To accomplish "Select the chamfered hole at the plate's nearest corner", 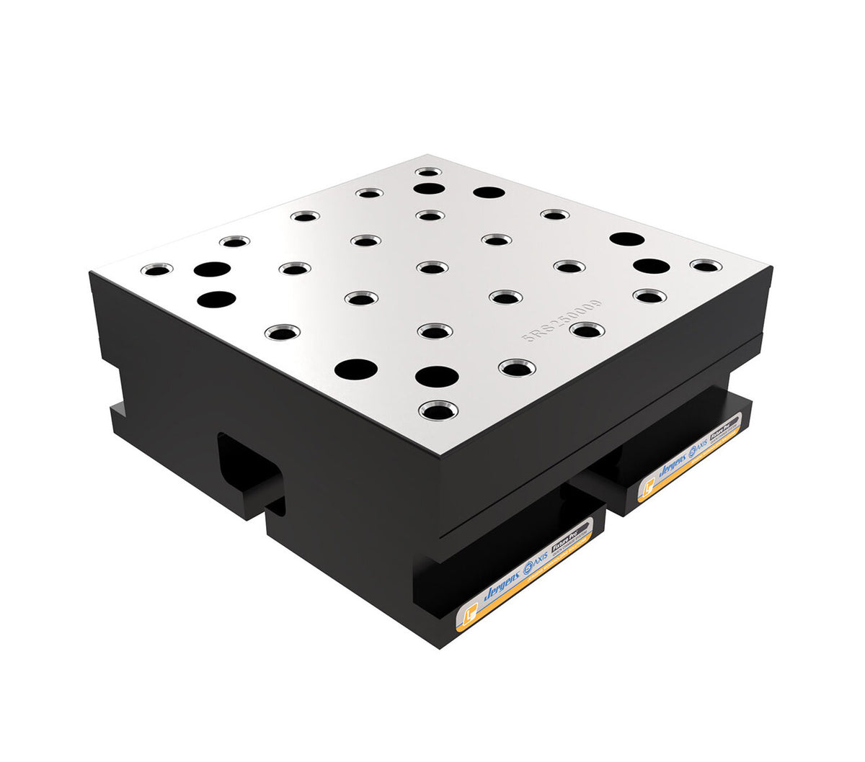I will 438,411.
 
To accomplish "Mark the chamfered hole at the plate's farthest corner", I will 429,172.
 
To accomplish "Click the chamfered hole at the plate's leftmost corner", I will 156,269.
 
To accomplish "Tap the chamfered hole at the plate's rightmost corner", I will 706,266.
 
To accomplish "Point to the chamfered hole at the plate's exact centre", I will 432,268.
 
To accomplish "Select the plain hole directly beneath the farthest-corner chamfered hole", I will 429,189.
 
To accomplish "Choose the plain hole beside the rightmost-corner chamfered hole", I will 652,266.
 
